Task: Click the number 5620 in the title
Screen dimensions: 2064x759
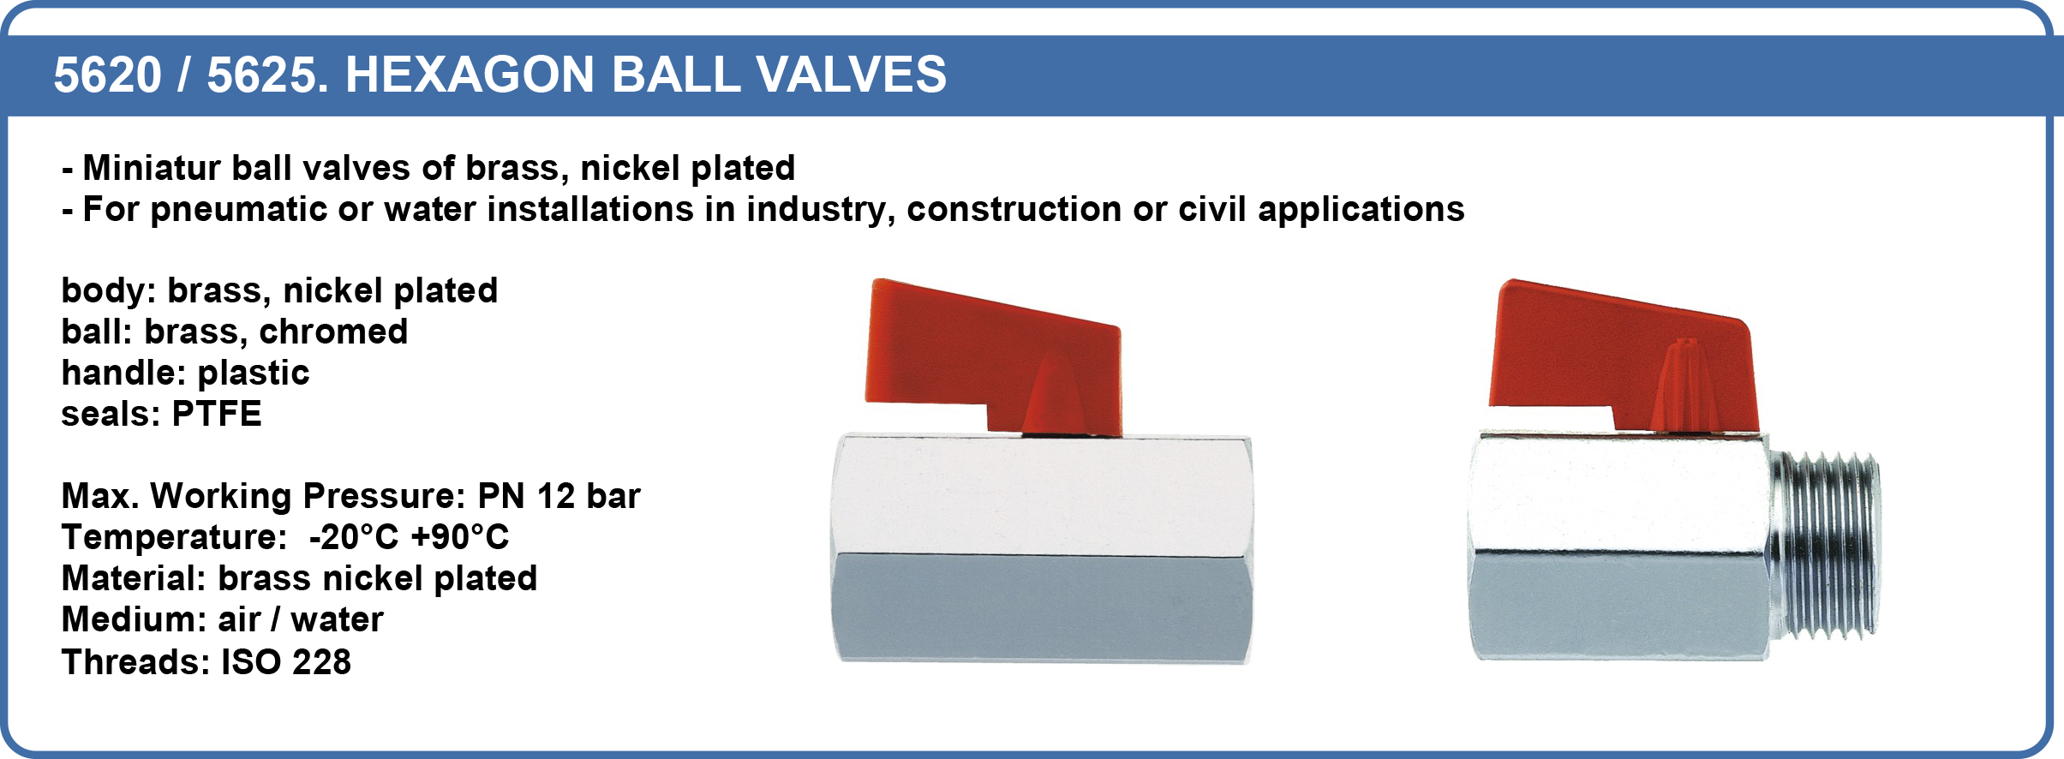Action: coord(107,75)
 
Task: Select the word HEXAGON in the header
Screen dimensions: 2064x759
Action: coord(470,75)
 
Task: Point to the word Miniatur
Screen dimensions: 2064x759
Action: coord(152,168)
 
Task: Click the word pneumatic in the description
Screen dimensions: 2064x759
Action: coord(238,210)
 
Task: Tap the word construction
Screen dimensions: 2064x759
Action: coord(1014,210)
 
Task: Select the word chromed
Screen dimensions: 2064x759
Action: coord(333,332)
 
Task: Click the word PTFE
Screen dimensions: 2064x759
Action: coord(217,414)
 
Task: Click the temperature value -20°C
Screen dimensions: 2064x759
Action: coord(354,537)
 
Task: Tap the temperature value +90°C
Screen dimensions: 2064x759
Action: coord(460,537)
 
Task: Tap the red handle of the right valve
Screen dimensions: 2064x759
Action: coord(1624,356)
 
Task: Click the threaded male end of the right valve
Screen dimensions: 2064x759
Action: coord(1823,546)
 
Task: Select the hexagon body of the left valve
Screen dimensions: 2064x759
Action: coord(1043,548)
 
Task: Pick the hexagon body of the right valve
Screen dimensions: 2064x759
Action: coord(1619,546)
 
